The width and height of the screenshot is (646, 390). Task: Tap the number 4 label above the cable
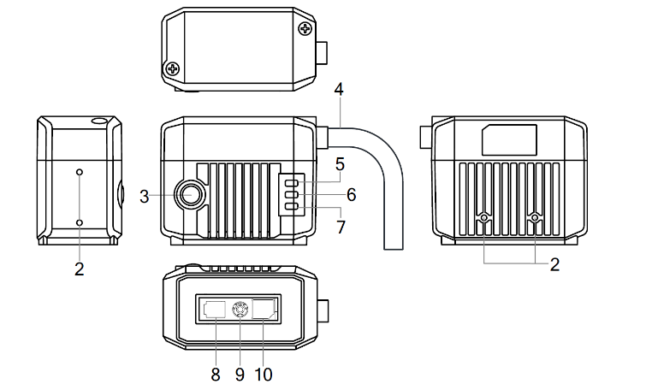pyautogui.click(x=340, y=89)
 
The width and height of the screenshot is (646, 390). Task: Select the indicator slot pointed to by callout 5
pyautogui.click(x=292, y=182)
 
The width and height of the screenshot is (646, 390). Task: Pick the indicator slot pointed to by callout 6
pyautogui.click(x=292, y=194)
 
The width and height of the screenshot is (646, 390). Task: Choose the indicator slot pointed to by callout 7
pyautogui.click(x=292, y=206)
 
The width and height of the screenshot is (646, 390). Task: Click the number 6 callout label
pyautogui.click(x=351, y=195)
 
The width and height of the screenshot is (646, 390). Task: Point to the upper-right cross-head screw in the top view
pyautogui.click(x=304, y=29)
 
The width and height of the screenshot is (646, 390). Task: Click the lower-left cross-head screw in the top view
pyautogui.click(x=173, y=68)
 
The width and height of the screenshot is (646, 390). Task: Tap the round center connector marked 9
pyautogui.click(x=240, y=310)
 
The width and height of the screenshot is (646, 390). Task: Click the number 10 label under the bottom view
pyautogui.click(x=264, y=374)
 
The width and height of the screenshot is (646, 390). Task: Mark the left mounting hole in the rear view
pyautogui.click(x=485, y=219)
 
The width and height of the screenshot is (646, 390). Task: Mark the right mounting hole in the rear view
pyautogui.click(x=535, y=219)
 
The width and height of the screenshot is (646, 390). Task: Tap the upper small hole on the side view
pyautogui.click(x=80, y=172)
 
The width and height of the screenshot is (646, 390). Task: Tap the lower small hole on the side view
pyautogui.click(x=80, y=222)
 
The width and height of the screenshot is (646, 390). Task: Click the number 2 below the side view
pyautogui.click(x=79, y=269)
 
